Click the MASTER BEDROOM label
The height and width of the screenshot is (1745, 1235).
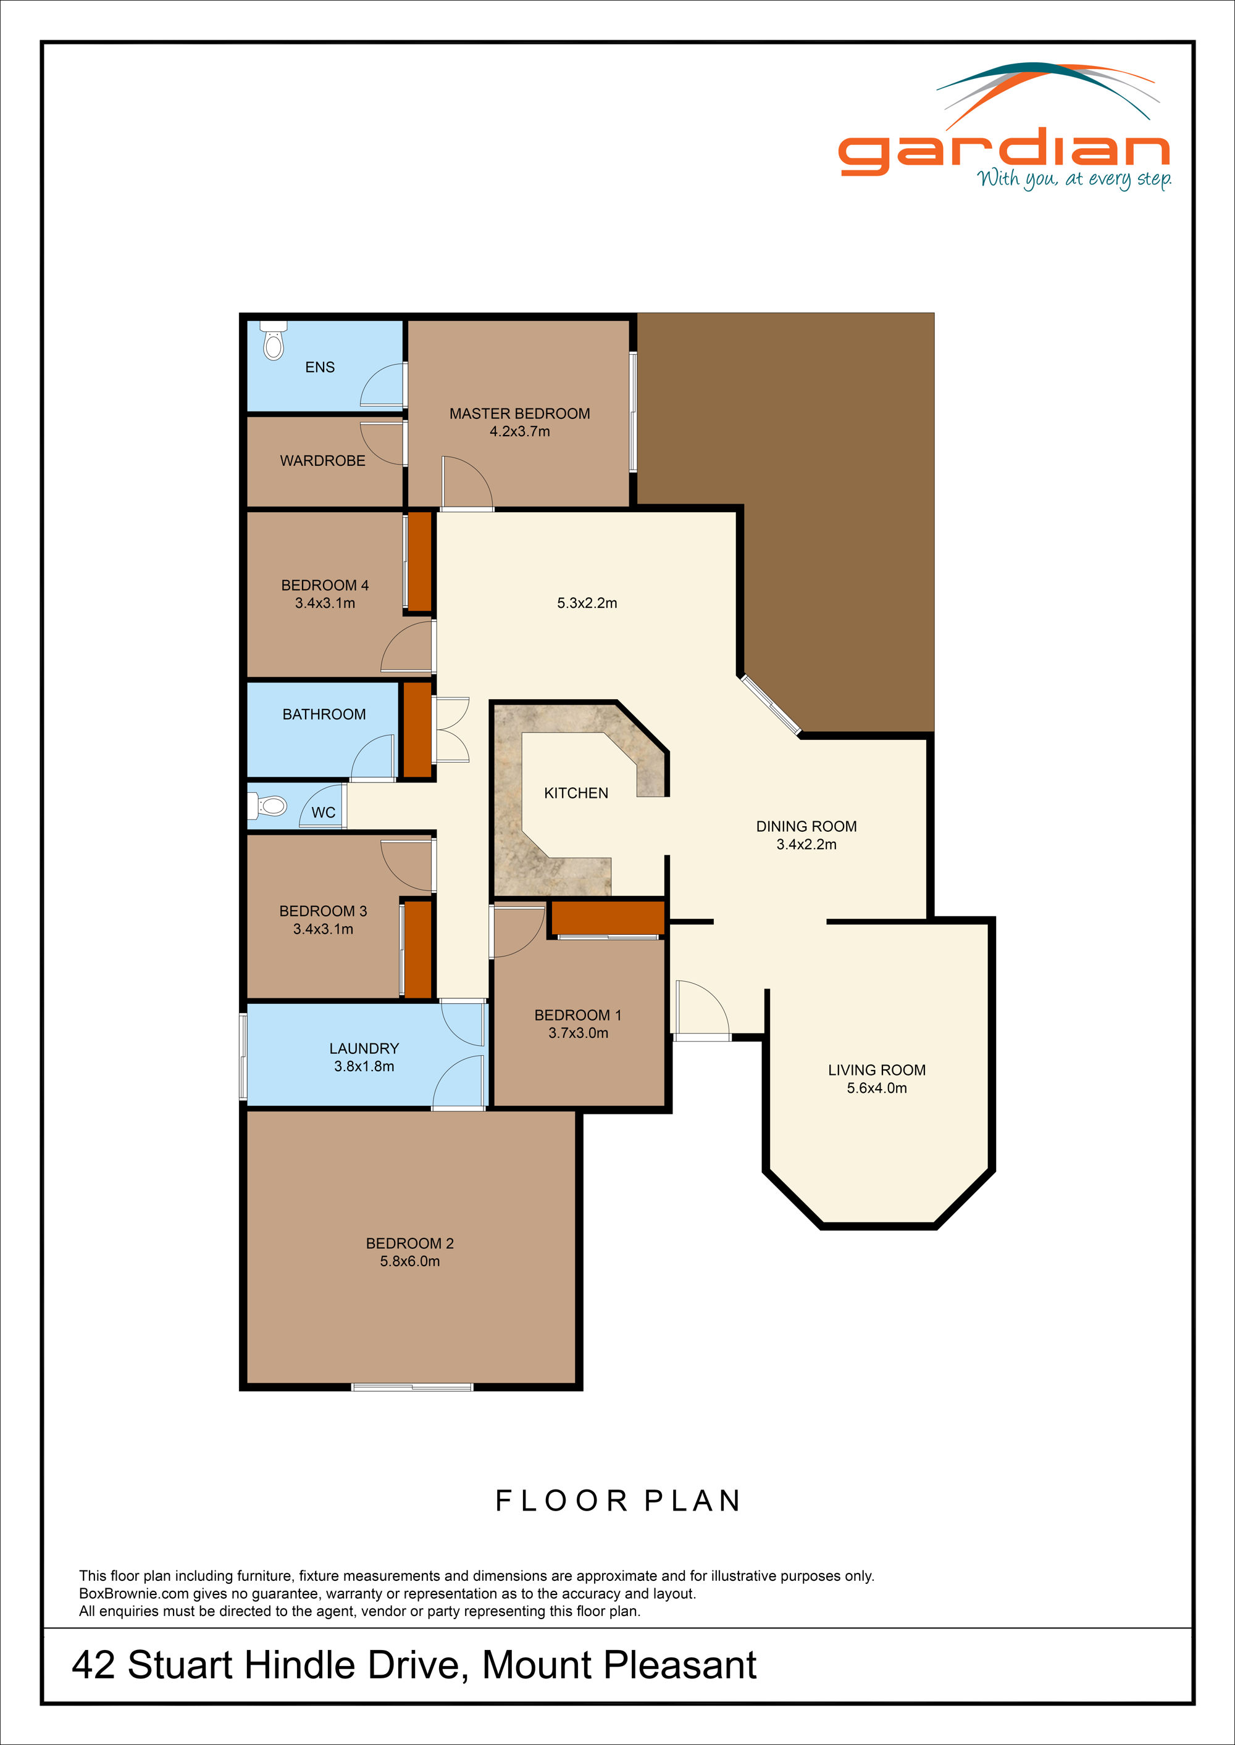click(519, 413)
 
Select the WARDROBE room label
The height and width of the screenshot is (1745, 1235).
click(322, 460)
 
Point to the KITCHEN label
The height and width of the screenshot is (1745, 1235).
click(576, 793)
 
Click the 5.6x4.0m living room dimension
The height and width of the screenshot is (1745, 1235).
click(877, 1088)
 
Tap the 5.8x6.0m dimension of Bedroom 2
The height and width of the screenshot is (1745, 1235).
click(410, 1261)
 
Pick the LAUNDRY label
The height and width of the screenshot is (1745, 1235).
click(364, 1048)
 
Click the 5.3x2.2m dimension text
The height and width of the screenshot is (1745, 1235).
click(587, 603)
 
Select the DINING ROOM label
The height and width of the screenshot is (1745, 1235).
click(806, 826)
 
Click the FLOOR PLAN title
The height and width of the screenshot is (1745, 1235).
click(617, 1501)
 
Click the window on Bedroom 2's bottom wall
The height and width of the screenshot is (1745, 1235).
click(412, 1387)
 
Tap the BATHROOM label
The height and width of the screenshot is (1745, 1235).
click(324, 715)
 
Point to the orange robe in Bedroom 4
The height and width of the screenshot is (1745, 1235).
click(420, 562)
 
